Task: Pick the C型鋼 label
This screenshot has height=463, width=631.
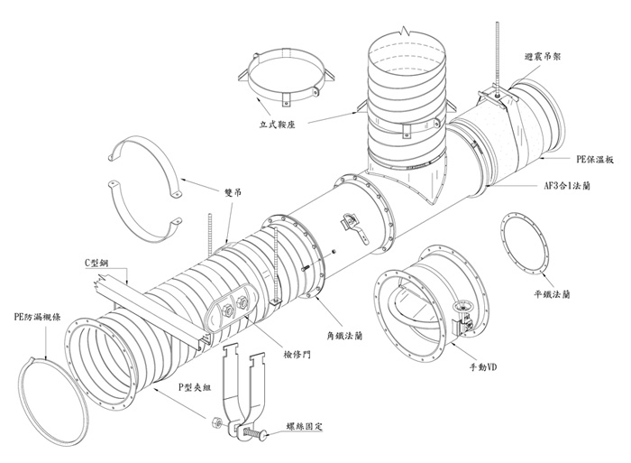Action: point(98,262)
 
